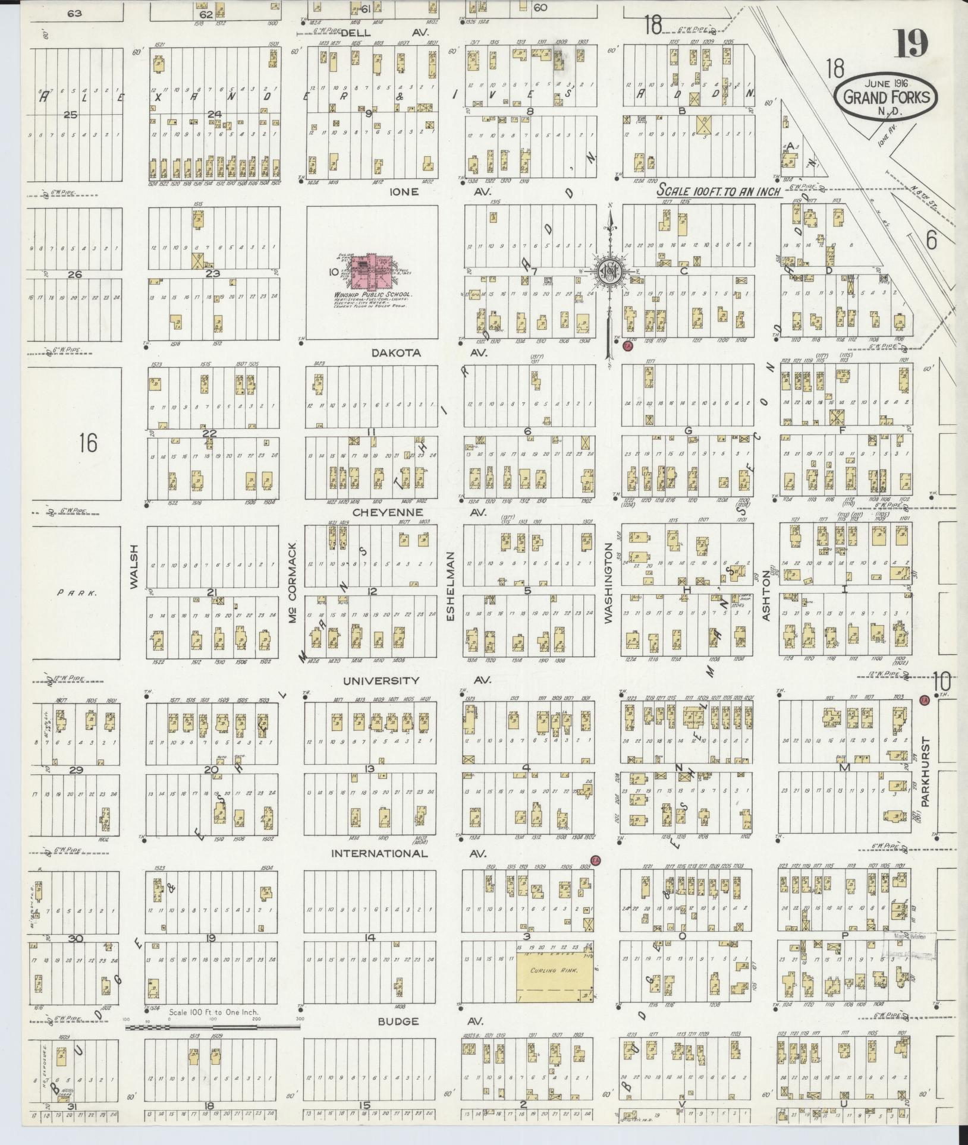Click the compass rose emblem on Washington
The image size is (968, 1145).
pyautogui.click(x=609, y=270)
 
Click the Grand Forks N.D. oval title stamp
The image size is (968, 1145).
pyautogui.click(x=886, y=97)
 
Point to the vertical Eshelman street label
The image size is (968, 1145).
pyautogui.click(x=450, y=587)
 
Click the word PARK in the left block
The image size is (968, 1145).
pyautogui.click(x=69, y=592)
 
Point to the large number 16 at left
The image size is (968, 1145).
pyautogui.click(x=87, y=443)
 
